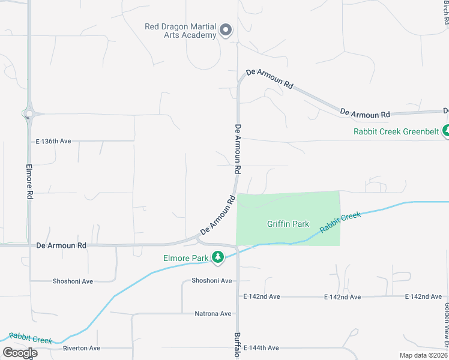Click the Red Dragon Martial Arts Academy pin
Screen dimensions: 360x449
point(226,29)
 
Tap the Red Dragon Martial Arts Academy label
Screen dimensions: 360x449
point(181,31)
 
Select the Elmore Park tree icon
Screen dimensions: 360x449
point(218,258)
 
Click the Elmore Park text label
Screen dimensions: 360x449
point(185,259)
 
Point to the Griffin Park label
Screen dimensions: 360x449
point(288,224)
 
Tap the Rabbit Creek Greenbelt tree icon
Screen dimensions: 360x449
point(446,130)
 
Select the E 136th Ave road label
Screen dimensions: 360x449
point(53,142)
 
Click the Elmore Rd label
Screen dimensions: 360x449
point(30,182)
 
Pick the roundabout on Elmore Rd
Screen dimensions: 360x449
point(28,113)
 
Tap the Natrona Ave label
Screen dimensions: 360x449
point(213,314)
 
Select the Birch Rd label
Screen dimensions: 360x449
point(445,12)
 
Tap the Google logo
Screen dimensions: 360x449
point(20,353)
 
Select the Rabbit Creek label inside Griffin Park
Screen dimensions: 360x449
point(340,223)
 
